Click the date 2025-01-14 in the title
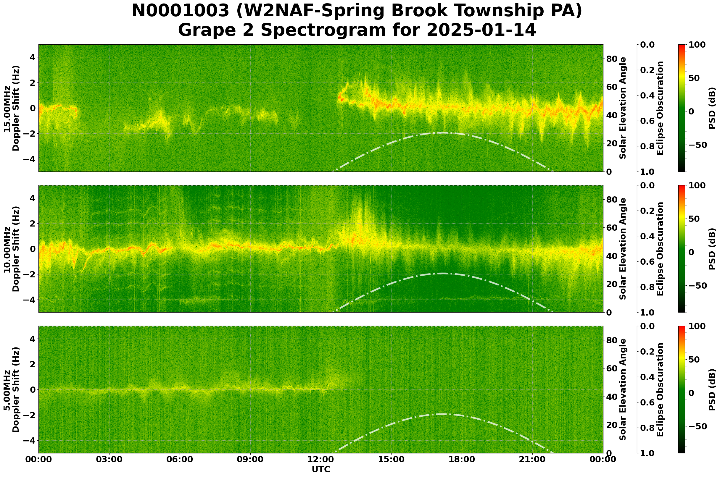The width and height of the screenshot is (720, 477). coord(481,30)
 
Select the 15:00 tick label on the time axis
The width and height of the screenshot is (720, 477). coord(391,459)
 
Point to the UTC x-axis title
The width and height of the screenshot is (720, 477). coord(321,469)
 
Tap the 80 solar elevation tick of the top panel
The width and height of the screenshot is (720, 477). coord(612,59)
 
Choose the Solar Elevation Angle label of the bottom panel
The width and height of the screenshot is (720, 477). coord(623,390)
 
